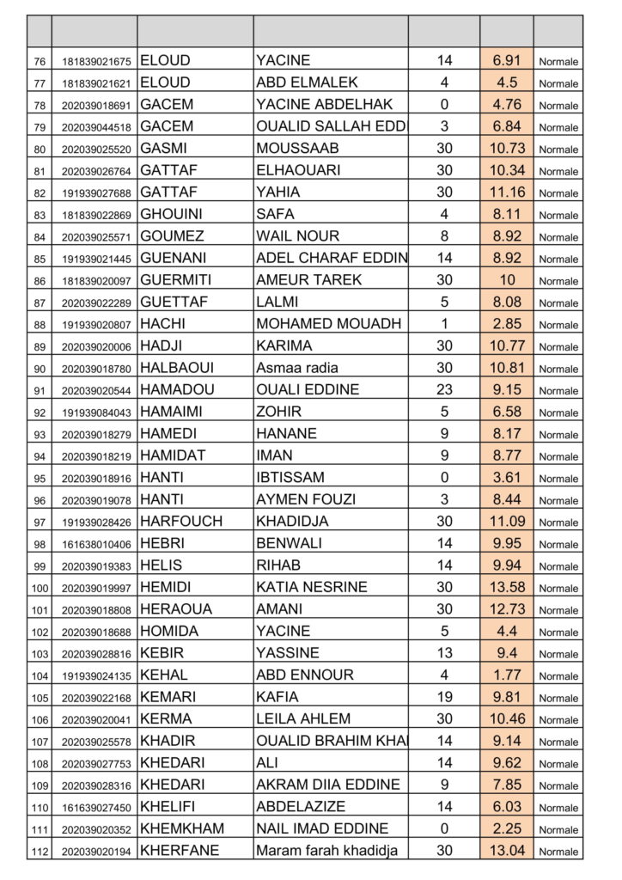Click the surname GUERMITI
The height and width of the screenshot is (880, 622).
pos(175,279)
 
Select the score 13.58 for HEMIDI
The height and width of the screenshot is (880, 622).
pos(507,587)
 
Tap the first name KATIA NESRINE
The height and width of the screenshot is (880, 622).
pos(311,587)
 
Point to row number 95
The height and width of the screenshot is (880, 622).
pos(40,478)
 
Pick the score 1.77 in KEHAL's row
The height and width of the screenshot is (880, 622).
pos(507,675)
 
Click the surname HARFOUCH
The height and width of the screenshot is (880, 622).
pos(180,521)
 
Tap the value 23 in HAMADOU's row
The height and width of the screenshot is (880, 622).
pos(444,389)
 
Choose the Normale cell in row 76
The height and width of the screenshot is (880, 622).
pos(558,61)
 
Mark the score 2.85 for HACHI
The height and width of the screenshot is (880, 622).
pos(507,324)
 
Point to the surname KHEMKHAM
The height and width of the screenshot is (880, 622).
pos(181,828)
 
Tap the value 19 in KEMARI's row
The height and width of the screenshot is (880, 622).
pos(444,697)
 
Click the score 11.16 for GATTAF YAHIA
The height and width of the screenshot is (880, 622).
pos(507,192)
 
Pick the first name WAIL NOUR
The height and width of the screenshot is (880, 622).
pos(297,235)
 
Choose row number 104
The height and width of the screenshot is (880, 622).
pos(40,675)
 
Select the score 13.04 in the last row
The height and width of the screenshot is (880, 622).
pos(507,850)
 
